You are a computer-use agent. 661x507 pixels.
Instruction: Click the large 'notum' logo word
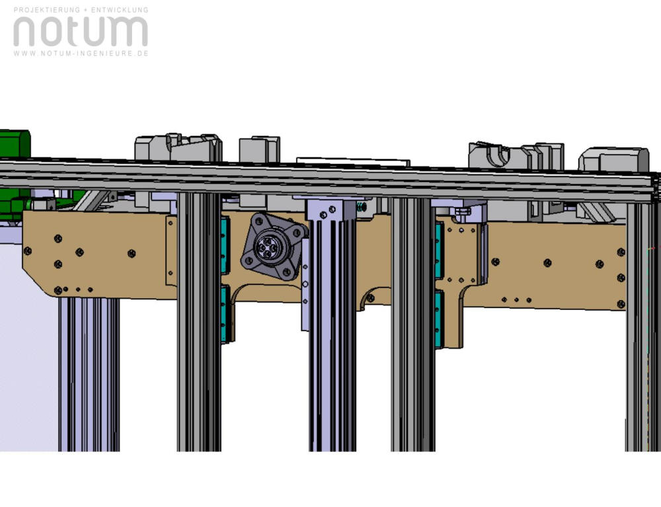coord(81,32)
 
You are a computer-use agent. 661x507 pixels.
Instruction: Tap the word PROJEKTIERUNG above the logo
coord(47,9)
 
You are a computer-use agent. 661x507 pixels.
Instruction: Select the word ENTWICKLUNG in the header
coord(120,9)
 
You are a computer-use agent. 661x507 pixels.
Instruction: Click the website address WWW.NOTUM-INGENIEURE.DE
coord(81,54)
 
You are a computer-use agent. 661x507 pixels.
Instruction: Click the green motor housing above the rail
coord(15,144)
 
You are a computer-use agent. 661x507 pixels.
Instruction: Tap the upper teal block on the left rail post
coord(224,245)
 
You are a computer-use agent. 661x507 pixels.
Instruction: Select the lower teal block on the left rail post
coord(224,313)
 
